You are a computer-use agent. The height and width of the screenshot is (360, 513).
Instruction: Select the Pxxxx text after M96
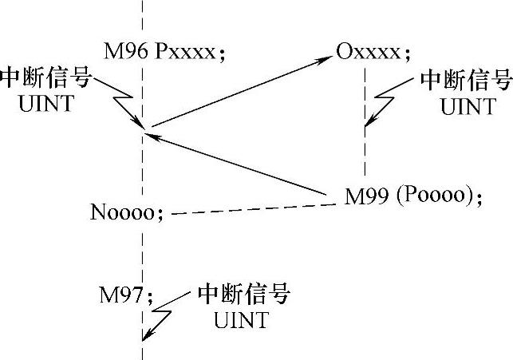[x=183, y=53]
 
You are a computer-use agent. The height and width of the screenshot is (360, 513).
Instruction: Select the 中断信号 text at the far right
[x=464, y=81]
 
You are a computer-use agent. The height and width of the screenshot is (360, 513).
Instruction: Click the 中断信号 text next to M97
[x=243, y=295]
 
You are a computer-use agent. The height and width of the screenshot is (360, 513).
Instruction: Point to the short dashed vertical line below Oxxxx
[x=365, y=120]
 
